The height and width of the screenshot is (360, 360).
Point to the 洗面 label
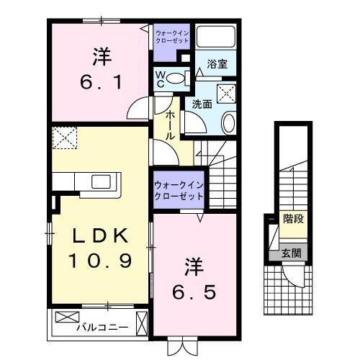[201, 104]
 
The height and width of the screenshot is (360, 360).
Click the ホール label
[168, 124]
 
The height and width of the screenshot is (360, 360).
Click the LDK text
[100, 235]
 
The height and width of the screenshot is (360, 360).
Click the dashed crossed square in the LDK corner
[66, 137]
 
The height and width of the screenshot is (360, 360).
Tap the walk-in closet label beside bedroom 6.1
[172, 36]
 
